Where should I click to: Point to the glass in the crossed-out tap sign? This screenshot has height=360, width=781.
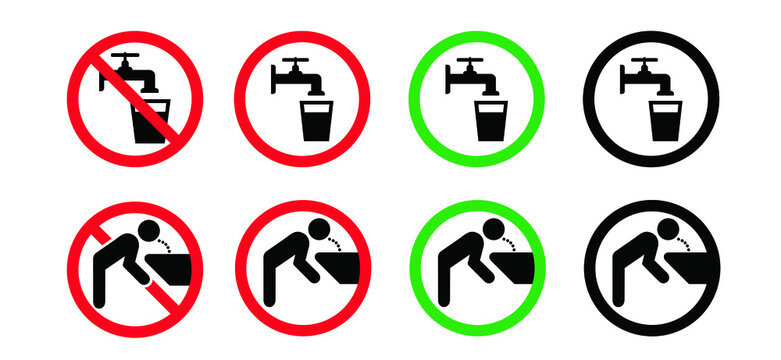click(x=150, y=122)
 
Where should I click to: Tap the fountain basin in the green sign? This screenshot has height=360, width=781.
click(x=505, y=271)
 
